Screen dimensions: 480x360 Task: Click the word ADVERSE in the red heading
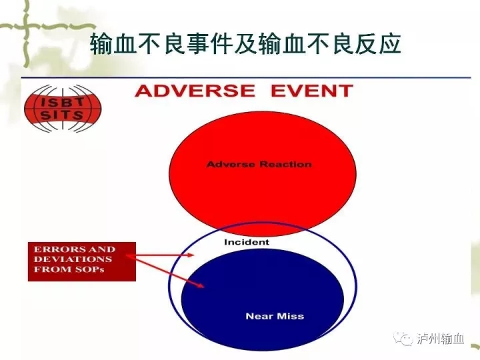(195, 91)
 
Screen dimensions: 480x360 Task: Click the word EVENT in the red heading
(312, 91)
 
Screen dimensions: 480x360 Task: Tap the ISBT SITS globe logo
(63, 109)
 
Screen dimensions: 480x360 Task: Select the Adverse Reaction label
(259, 165)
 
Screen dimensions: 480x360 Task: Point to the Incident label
(247, 242)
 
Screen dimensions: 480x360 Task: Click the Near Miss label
(275, 316)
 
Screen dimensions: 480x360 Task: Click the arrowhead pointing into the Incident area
(191, 255)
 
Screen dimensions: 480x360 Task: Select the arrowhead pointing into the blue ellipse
(201, 286)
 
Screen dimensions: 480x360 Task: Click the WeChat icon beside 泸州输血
(403, 339)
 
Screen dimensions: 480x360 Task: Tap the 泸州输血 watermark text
(440, 339)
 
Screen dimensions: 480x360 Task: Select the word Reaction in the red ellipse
(285, 165)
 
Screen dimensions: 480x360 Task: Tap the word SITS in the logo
(62, 115)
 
